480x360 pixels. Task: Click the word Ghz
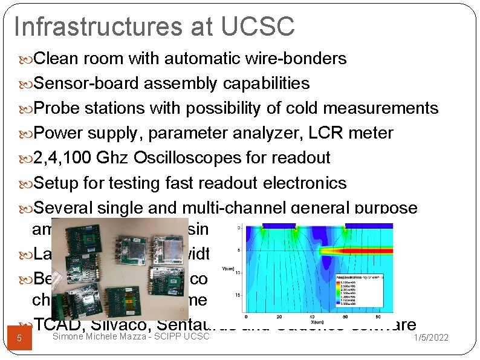[118, 159]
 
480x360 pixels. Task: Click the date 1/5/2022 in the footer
[429, 337]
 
